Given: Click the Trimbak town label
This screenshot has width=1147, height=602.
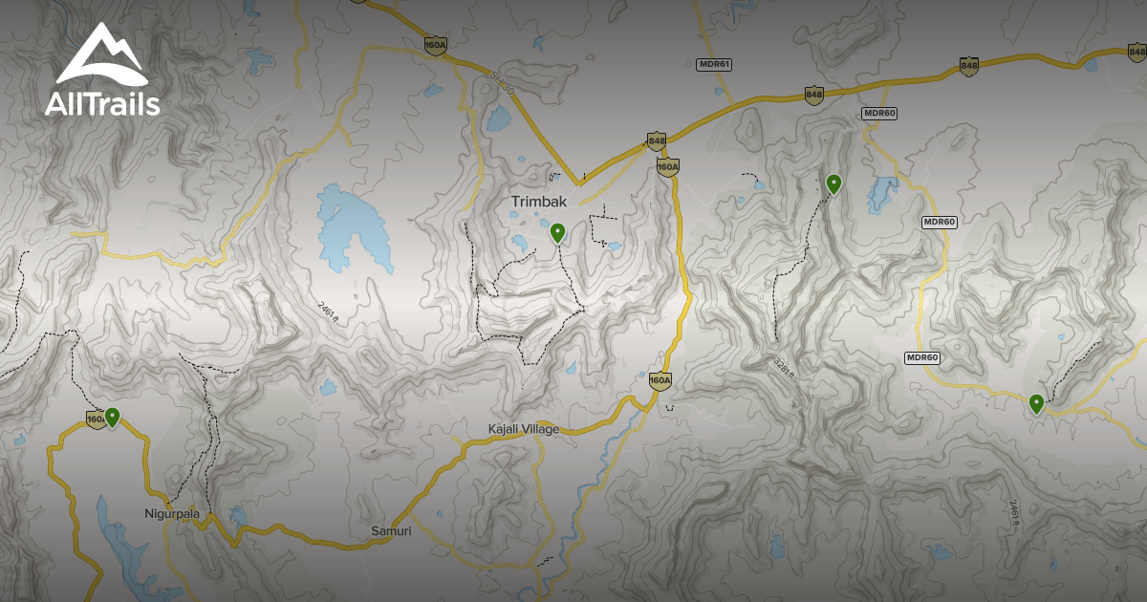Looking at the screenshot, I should (x=539, y=201).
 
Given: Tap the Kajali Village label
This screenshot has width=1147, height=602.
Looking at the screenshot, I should (x=523, y=429).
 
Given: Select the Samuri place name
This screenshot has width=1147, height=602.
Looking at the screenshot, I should (x=391, y=530).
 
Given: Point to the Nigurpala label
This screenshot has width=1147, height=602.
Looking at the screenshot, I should (x=172, y=513).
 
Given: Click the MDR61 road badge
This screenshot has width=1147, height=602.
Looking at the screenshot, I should (x=713, y=64).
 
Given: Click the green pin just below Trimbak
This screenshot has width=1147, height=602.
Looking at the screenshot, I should (x=558, y=232).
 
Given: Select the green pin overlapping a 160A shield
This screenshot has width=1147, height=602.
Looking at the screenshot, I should (x=113, y=417).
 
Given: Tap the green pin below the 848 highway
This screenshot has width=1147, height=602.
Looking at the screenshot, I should (x=833, y=183).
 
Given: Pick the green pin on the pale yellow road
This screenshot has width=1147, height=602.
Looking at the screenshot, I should (x=1036, y=403).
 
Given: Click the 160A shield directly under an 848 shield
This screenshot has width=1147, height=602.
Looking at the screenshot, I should (x=667, y=166).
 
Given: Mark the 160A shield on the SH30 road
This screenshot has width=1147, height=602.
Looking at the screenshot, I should (x=436, y=44).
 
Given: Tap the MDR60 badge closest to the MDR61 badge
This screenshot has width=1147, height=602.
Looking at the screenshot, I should (x=878, y=113).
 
